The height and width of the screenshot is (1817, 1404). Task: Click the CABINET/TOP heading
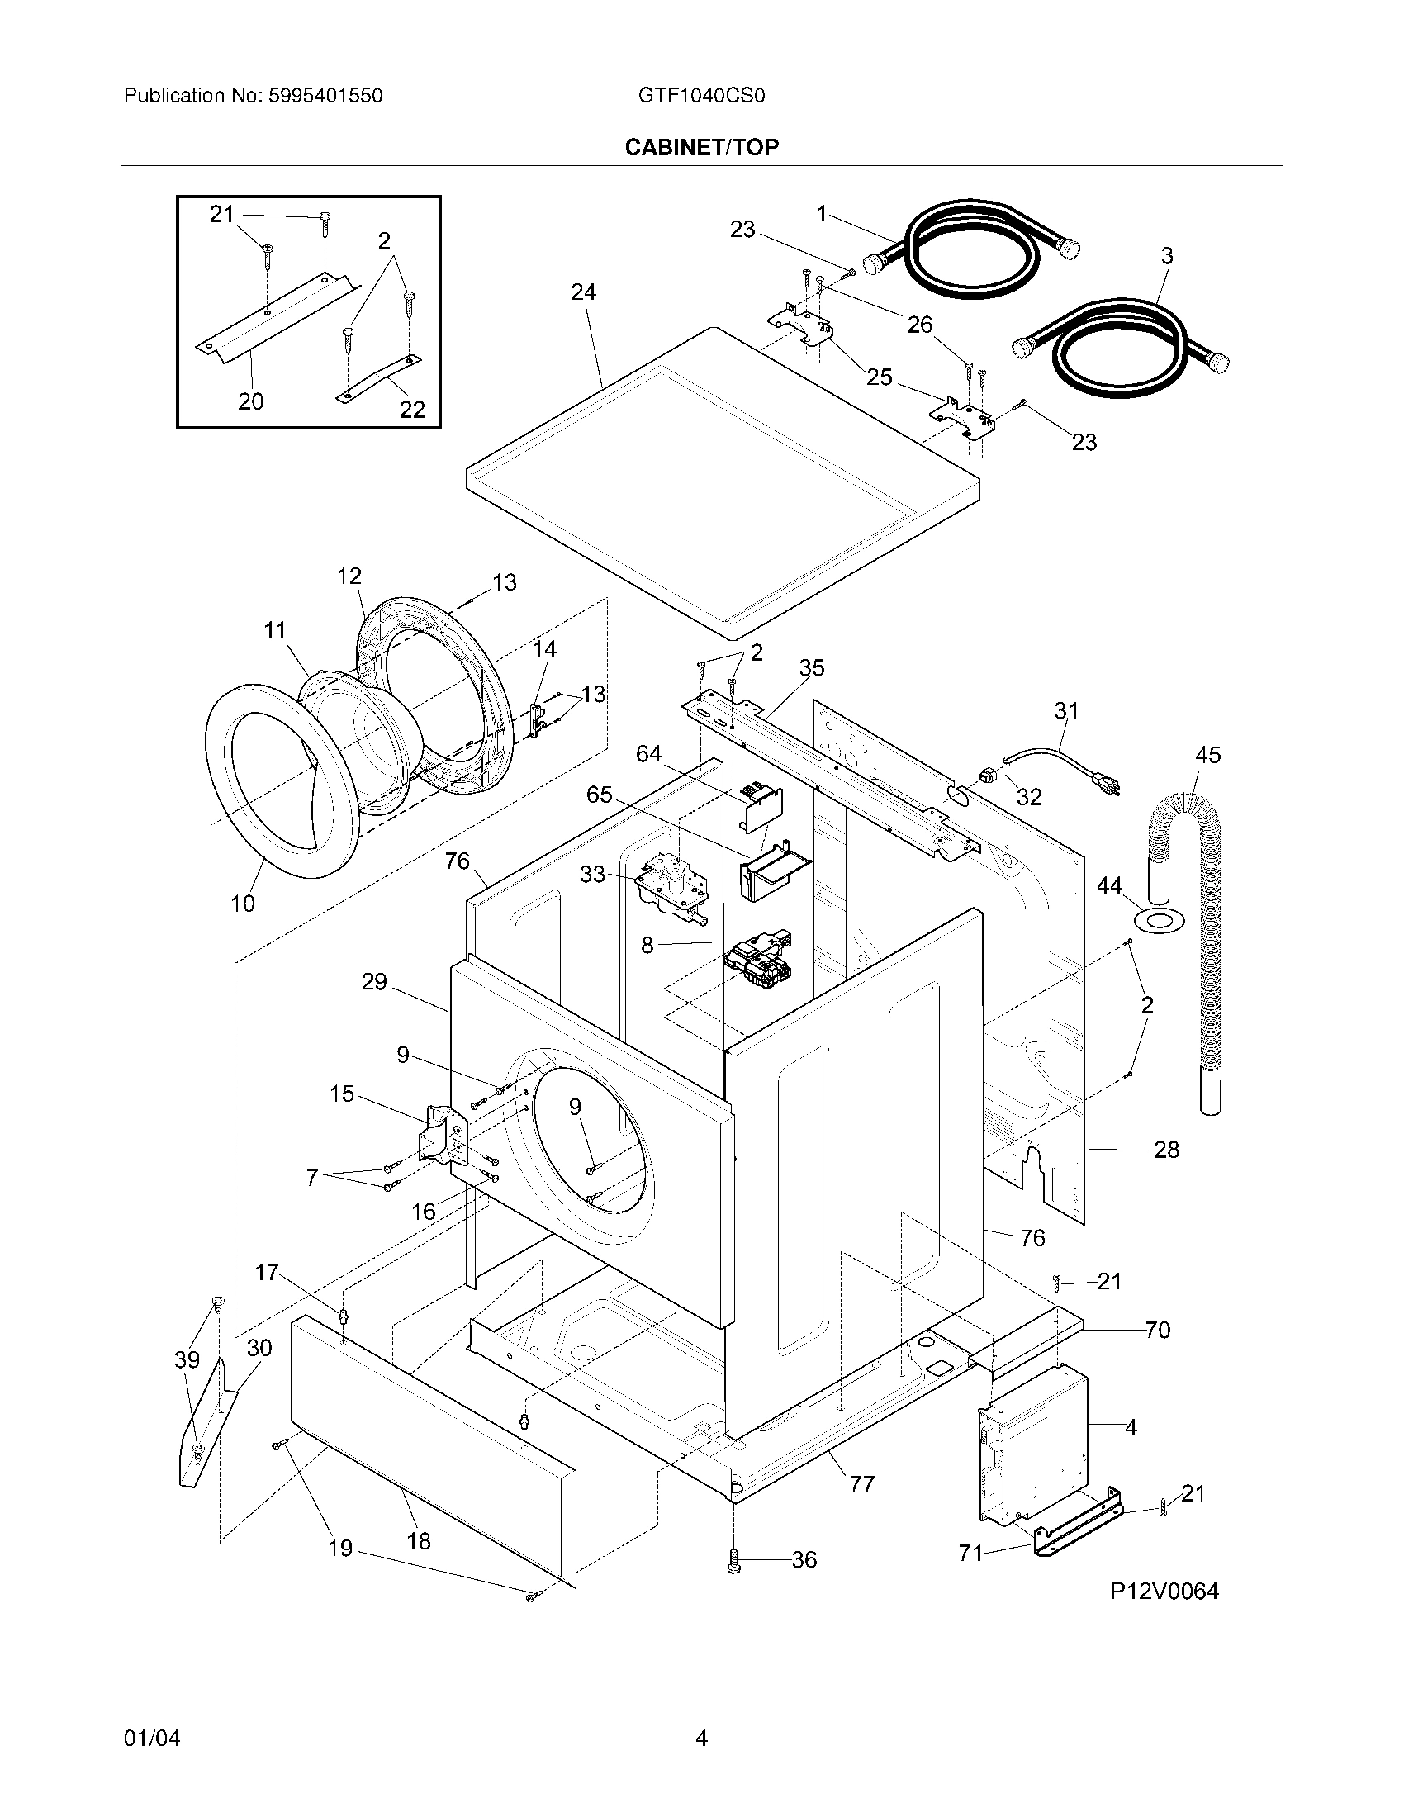click(x=701, y=147)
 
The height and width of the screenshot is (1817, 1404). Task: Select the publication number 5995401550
click(x=325, y=96)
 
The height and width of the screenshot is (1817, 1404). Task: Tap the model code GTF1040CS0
click(x=701, y=96)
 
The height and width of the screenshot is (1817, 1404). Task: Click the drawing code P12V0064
click(x=1164, y=1592)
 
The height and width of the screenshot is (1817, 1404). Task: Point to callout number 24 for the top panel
click(x=583, y=292)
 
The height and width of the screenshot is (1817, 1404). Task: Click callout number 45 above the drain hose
click(x=1207, y=755)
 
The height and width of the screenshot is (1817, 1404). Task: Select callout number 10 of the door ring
click(x=243, y=904)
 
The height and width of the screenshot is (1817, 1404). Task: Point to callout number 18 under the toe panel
click(x=419, y=1541)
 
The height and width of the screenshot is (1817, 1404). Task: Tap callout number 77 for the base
click(x=861, y=1484)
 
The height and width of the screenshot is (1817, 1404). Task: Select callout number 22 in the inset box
click(x=412, y=409)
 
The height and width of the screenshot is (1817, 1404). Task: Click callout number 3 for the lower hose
click(x=1166, y=256)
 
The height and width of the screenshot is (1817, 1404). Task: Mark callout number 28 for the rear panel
click(x=1166, y=1149)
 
